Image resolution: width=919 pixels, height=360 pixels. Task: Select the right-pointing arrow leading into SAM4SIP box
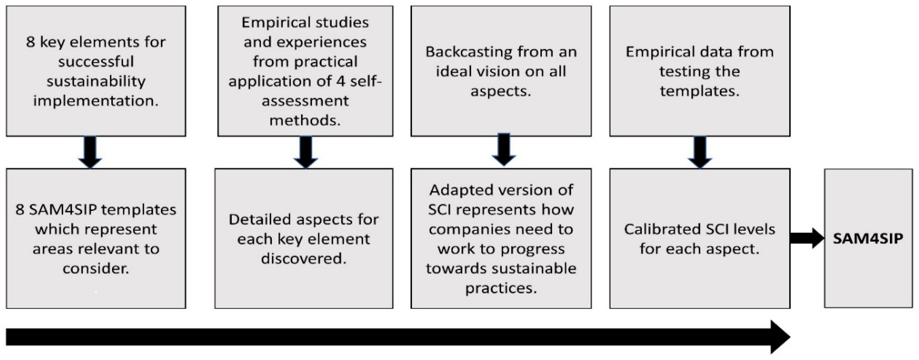[x=806, y=238]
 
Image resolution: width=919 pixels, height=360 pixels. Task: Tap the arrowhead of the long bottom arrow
[x=780, y=337]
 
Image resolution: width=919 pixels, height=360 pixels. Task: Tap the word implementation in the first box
[x=95, y=101]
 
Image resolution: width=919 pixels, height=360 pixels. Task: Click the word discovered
[x=304, y=259]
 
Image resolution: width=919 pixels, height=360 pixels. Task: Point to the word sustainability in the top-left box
[x=95, y=81]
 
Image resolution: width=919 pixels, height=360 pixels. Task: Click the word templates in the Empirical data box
[x=700, y=91]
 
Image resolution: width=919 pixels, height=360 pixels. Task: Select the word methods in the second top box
[x=305, y=121]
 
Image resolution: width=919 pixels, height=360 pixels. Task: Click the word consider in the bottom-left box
[x=95, y=268]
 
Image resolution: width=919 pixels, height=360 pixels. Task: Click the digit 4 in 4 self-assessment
[x=341, y=81]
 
